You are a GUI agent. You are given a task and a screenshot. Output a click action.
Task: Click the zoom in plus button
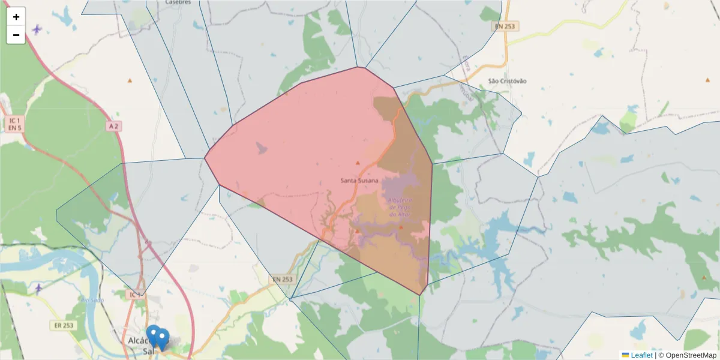16,17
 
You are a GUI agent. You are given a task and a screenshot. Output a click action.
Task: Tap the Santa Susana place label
359,180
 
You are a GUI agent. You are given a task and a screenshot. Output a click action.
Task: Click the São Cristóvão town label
507,81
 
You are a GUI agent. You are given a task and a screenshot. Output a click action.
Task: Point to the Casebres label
178,2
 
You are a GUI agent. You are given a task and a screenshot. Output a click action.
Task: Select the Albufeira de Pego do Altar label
400,207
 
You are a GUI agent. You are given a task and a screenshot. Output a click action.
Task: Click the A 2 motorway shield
114,126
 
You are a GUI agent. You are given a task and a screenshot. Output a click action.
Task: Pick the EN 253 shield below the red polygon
282,280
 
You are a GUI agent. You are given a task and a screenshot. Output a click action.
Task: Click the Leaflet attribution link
641,355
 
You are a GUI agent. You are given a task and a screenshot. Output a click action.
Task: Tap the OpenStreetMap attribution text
687,355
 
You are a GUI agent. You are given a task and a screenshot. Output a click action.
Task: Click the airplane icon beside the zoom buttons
38,29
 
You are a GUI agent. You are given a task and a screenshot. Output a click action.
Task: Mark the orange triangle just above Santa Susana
358,163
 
